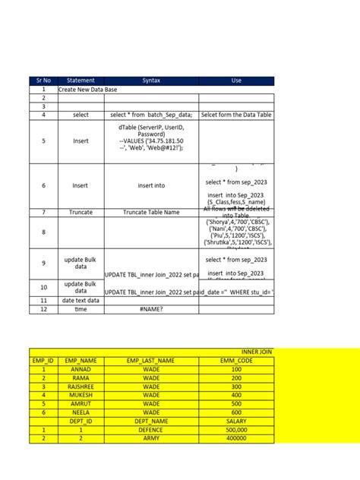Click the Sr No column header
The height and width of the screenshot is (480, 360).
coord(43,81)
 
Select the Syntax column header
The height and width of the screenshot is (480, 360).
coord(151,81)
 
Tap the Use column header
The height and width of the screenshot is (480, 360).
coord(235,81)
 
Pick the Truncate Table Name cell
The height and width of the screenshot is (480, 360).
coord(151,213)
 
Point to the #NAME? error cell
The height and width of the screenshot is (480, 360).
coord(151,309)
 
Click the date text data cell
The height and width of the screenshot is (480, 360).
coord(81,301)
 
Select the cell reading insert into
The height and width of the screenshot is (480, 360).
coord(151,185)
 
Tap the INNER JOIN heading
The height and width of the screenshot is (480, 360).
coord(256,352)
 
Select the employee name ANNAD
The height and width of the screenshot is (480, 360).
coord(81,369)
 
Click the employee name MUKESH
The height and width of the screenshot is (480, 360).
coord(81,395)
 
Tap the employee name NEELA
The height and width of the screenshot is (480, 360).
coord(81,412)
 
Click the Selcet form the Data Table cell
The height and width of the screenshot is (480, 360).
coord(235,115)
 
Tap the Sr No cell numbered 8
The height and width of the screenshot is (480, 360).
coord(43,232)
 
